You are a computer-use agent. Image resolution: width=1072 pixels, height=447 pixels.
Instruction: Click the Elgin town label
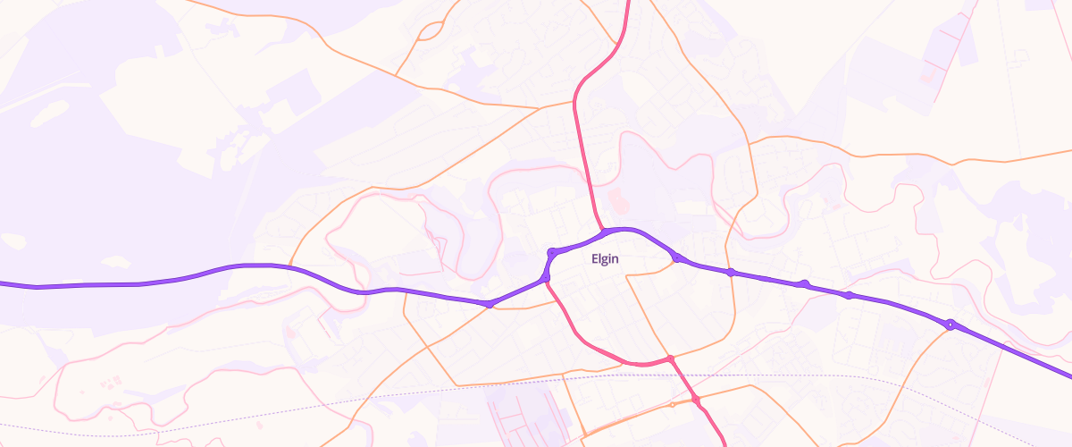[606, 259]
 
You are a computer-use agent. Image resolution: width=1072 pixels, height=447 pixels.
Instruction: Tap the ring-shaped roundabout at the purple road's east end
[951, 325]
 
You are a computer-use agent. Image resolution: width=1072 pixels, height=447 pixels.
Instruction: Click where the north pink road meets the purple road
[605, 232]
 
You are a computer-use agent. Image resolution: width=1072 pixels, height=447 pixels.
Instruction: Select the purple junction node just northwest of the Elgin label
[553, 252]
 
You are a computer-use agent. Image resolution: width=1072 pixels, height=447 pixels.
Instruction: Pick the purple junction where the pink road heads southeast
[545, 281]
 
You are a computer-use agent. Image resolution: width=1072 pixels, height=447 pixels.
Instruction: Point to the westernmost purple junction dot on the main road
[490, 305]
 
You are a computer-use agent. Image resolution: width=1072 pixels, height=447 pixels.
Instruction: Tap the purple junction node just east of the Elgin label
[677, 258]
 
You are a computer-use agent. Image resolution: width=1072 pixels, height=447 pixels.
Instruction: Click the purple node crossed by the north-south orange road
[731, 272]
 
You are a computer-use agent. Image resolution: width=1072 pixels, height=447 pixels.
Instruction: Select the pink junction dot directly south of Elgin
[669, 359]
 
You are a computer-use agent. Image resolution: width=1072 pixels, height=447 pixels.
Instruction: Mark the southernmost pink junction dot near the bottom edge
[695, 399]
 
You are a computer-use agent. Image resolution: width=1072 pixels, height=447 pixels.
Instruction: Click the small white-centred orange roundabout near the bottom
[673, 405]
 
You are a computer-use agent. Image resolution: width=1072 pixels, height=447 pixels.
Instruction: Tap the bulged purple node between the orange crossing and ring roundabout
[804, 284]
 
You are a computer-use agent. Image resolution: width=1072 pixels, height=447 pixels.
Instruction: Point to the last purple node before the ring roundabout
[849, 295]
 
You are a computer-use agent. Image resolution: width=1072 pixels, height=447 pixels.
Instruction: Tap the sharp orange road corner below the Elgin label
[627, 278]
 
